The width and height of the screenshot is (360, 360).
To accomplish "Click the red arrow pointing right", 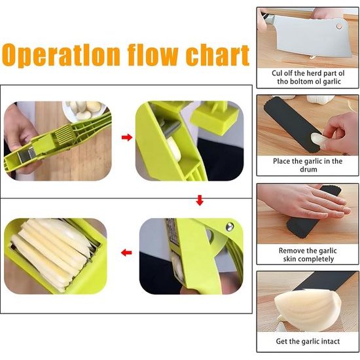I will coord(127,137).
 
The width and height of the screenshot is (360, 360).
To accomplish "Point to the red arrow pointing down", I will coord(200,201).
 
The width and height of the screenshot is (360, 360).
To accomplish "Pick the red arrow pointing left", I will coord(127,252).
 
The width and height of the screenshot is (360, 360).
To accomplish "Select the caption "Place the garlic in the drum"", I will coord(307,165).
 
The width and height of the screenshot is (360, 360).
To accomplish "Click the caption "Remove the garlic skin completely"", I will coord(307,255).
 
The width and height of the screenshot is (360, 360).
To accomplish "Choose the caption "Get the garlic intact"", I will coord(307,341).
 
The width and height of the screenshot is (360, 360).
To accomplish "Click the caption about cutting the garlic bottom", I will coord(307,77).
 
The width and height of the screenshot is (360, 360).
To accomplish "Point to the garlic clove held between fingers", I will coord(316,138).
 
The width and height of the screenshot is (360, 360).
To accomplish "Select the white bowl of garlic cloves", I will coord(84,109).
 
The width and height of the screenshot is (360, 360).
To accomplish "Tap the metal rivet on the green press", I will coord(230,227).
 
